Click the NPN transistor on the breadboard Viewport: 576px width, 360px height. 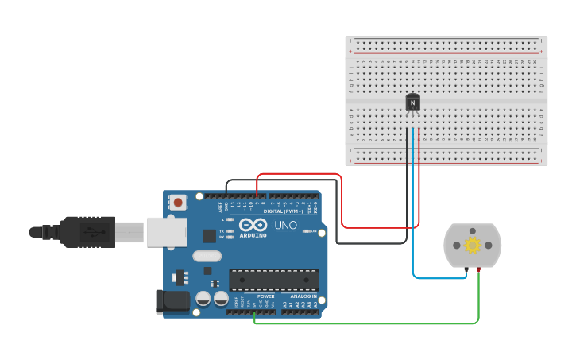(x=412, y=103)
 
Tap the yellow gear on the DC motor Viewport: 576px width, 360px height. (x=473, y=245)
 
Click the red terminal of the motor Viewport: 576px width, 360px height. (x=480, y=271)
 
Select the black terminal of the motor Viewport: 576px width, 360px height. (x=466, y=271)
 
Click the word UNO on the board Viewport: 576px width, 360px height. (x=285, y=226)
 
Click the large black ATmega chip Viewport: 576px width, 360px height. (x=274, y=280)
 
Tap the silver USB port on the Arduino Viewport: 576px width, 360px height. (x=166, y=230)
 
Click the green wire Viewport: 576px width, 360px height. (x=365, y=323)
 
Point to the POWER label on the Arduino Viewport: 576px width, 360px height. (x=265, y=296)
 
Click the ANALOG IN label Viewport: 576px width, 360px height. (x=303, y=296)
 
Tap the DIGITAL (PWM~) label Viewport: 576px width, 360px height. (x=284, y=210)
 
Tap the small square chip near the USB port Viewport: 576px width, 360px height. (x=209, y=235)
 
